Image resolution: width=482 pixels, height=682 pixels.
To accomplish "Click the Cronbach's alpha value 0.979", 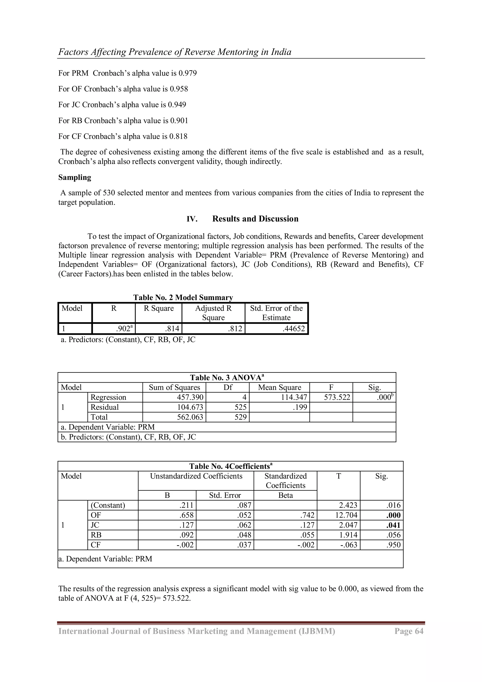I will coord(187,73).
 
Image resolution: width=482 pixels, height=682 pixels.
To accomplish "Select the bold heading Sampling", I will coord(75,177).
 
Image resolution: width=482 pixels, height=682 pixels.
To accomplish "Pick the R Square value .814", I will coord(172,329).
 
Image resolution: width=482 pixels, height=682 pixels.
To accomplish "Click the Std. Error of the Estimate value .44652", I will coord(293,329).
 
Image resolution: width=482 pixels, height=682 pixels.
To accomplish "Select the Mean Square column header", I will coord(279,387).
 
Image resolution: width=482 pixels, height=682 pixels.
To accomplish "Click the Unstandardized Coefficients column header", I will coord(196,476).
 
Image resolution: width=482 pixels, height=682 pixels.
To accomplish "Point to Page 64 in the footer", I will coord(409,631).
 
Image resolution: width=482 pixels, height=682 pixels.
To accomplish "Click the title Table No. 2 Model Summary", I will coord(183,297).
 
